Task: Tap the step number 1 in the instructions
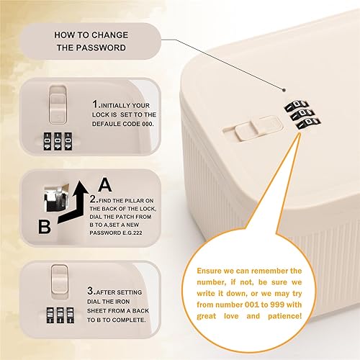(x=95, y=104)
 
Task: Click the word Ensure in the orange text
(x=215, y=268)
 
